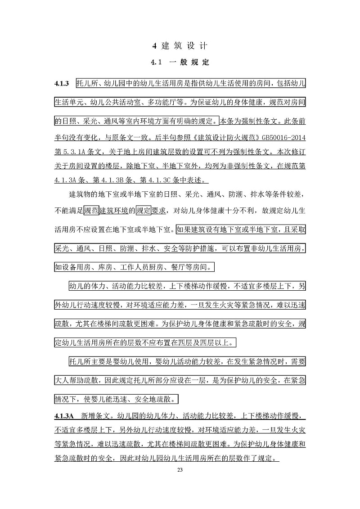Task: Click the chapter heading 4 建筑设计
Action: point(180,45)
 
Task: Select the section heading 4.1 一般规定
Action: point(180,63)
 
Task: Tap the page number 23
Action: point(180,470)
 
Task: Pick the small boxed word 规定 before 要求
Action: point(144,211)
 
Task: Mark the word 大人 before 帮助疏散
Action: point(61,381)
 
